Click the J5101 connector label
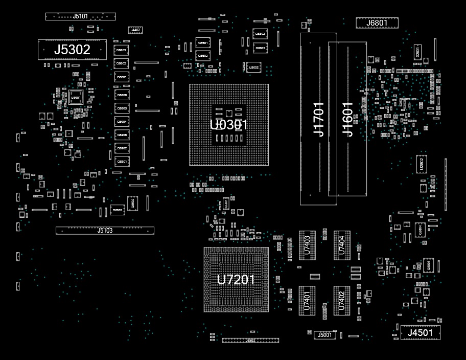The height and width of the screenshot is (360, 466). [80, 16]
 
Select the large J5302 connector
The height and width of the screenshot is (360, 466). [72, 50]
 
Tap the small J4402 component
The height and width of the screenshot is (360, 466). [135, 30]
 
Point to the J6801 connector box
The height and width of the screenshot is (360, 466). [377, 22]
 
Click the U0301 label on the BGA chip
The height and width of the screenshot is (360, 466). [229, 125]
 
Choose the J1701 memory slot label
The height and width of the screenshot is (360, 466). [318, 119]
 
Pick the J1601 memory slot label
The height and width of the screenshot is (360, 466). [347, 119]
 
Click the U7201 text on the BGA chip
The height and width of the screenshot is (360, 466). [236, 280]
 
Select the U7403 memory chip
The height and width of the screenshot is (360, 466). [307, 245]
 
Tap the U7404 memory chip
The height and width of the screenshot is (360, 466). [342, 245]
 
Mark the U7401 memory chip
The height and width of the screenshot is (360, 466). [307, 300]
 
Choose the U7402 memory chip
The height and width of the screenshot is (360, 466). [342, 300]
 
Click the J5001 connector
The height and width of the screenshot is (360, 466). [324, 335]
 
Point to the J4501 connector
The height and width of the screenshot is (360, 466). [420, 333]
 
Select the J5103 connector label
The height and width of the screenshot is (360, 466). [105, 231]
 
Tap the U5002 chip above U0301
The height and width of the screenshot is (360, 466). [254, 67]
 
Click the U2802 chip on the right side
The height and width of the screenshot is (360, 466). [422, 164]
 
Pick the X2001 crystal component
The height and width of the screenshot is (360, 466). [417, 52]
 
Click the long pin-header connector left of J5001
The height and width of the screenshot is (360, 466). [250, 340]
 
